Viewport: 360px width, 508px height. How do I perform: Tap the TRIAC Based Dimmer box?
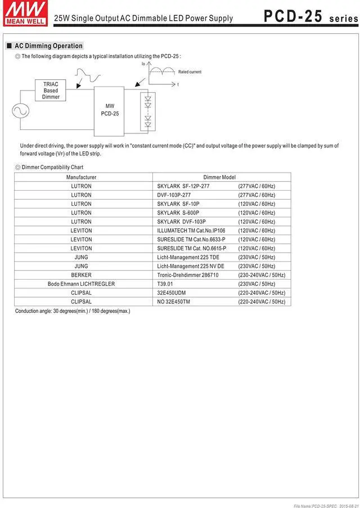click(51, 91)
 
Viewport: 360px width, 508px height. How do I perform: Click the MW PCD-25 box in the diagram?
click(110, 110)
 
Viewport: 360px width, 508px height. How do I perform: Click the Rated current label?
click(190, 72)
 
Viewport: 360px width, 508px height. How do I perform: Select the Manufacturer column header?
click(82, 177)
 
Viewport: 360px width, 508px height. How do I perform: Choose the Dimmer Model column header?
click(219, 177)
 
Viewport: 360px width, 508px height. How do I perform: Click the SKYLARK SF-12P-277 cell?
click(183, 186)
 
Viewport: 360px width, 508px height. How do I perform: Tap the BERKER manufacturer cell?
click(82, 275)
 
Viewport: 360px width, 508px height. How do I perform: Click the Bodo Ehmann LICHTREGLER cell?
click(82, 284)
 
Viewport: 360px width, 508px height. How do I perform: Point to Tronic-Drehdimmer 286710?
click(188, 275)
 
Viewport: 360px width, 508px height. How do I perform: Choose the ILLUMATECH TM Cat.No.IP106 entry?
click(191, 231)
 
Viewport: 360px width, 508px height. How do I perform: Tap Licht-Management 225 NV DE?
click(191, 266)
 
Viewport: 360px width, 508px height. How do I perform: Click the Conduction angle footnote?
click(73, 311)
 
